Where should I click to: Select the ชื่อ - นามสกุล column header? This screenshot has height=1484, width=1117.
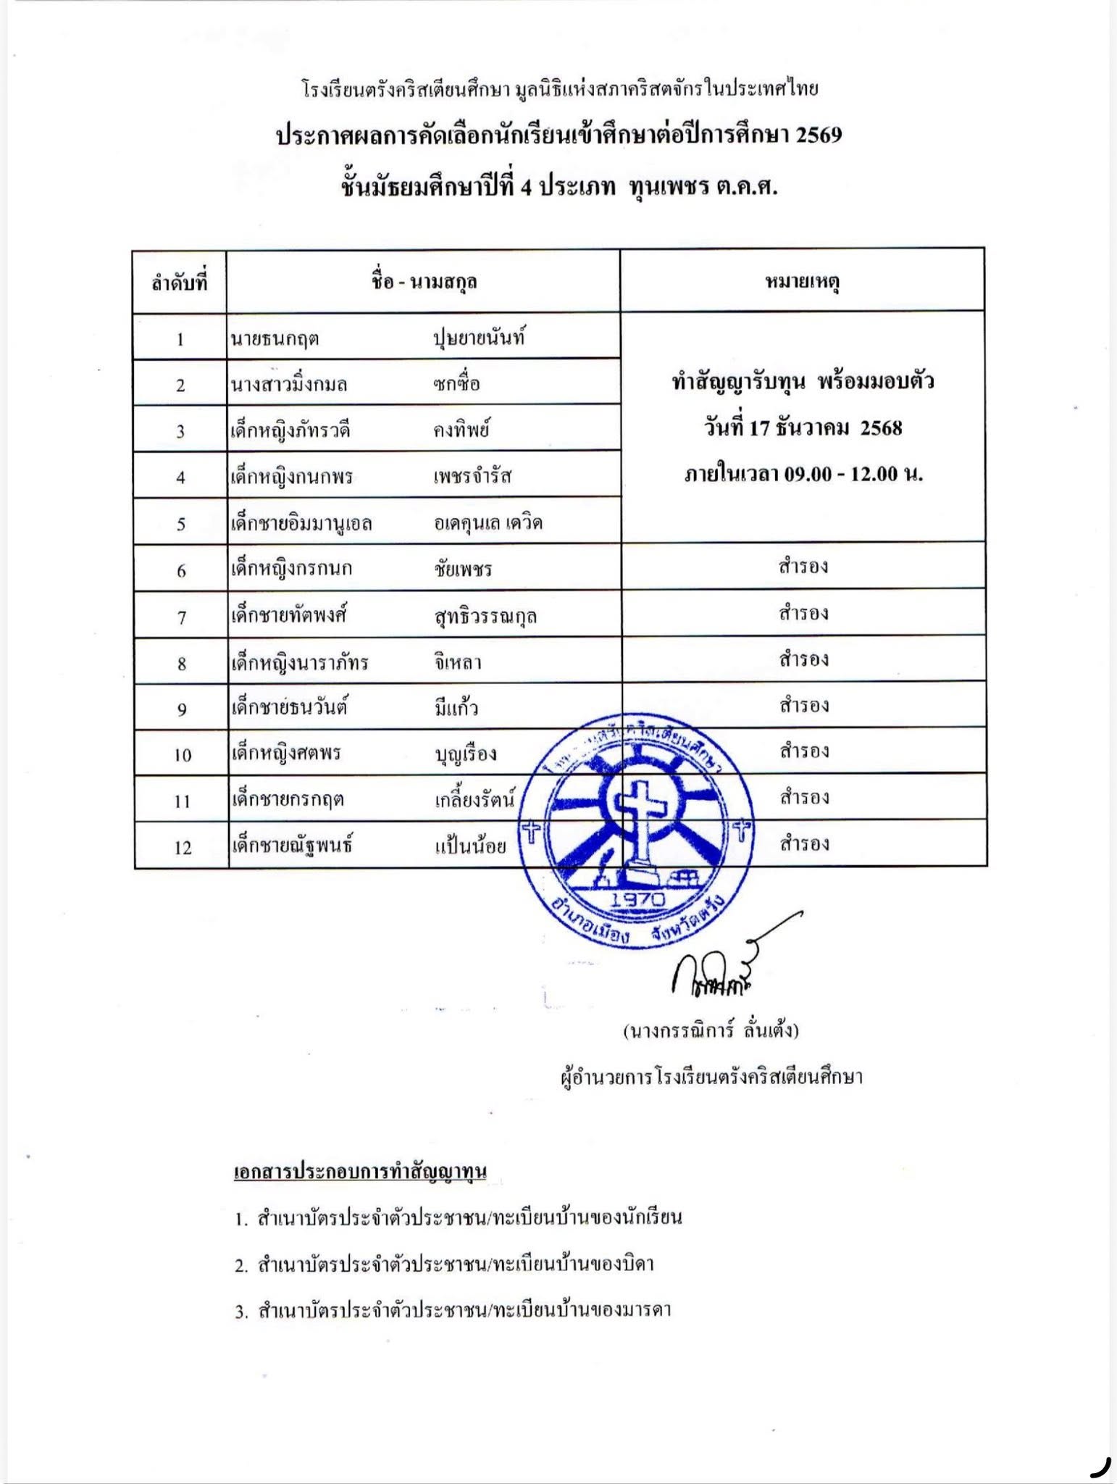pos(424,282)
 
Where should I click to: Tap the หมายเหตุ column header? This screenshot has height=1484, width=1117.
pos(802,281)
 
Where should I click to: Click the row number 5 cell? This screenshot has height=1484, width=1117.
pos(181,524)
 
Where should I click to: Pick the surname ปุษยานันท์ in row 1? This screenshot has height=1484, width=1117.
pos(478,338)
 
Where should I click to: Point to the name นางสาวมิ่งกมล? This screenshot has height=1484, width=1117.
pos(288,384)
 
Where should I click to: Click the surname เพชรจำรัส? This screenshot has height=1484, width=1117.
pos(472,476)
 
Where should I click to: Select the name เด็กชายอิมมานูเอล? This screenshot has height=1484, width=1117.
pos(301,523)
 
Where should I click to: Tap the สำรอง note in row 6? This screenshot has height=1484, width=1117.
pos(803,566)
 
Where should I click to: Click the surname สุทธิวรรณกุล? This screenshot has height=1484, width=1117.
pos(485,616)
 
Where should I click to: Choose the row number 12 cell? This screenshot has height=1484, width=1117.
pos(182,847)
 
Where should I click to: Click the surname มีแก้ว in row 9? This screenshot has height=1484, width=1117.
pos(456,707)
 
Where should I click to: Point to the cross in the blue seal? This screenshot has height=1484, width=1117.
pos(638,812)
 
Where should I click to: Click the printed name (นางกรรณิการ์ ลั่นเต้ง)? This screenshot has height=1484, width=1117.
pos(711,1030)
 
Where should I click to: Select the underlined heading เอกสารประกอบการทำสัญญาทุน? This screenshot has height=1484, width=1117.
pos(360,1171)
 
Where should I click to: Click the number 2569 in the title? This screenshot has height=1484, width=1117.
pos(819,136)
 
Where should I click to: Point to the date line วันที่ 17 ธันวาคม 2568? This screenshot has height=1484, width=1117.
pos(803,428)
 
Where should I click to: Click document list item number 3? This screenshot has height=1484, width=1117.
pos(453,1310)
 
